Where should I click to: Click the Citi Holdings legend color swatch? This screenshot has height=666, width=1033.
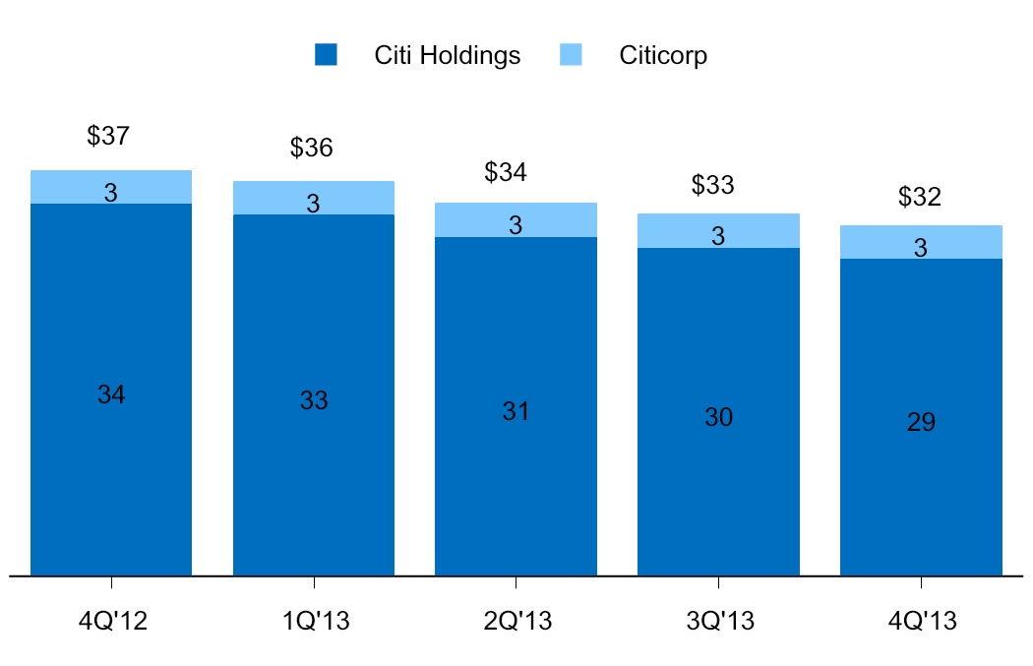pos(326,55)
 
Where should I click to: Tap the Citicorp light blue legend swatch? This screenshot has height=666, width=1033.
pos(571,55)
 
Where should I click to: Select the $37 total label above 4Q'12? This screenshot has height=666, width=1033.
pos(108,137)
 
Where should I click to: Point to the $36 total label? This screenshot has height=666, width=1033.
pos(311,149)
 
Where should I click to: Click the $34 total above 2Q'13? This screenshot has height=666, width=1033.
pos(506,172)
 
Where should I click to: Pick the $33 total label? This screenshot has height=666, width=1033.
pos(713,185)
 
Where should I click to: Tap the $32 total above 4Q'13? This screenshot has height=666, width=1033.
pos(920,197)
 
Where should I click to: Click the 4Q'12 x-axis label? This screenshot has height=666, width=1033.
pos(111,622)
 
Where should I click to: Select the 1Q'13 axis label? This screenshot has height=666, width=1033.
pos(314,622)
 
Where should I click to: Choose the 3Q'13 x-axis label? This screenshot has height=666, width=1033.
pos(718,622)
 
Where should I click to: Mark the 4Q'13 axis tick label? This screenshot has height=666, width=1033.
pos(921,622)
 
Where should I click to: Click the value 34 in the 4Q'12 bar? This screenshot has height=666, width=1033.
pos(111,394)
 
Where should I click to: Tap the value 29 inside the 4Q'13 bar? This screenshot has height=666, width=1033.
pos(922,422)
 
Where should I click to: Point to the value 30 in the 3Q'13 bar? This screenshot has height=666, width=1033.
pos(719,417)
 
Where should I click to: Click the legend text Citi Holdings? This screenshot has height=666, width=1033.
pos(448,55)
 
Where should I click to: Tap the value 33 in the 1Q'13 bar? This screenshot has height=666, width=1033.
pos(314,400)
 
